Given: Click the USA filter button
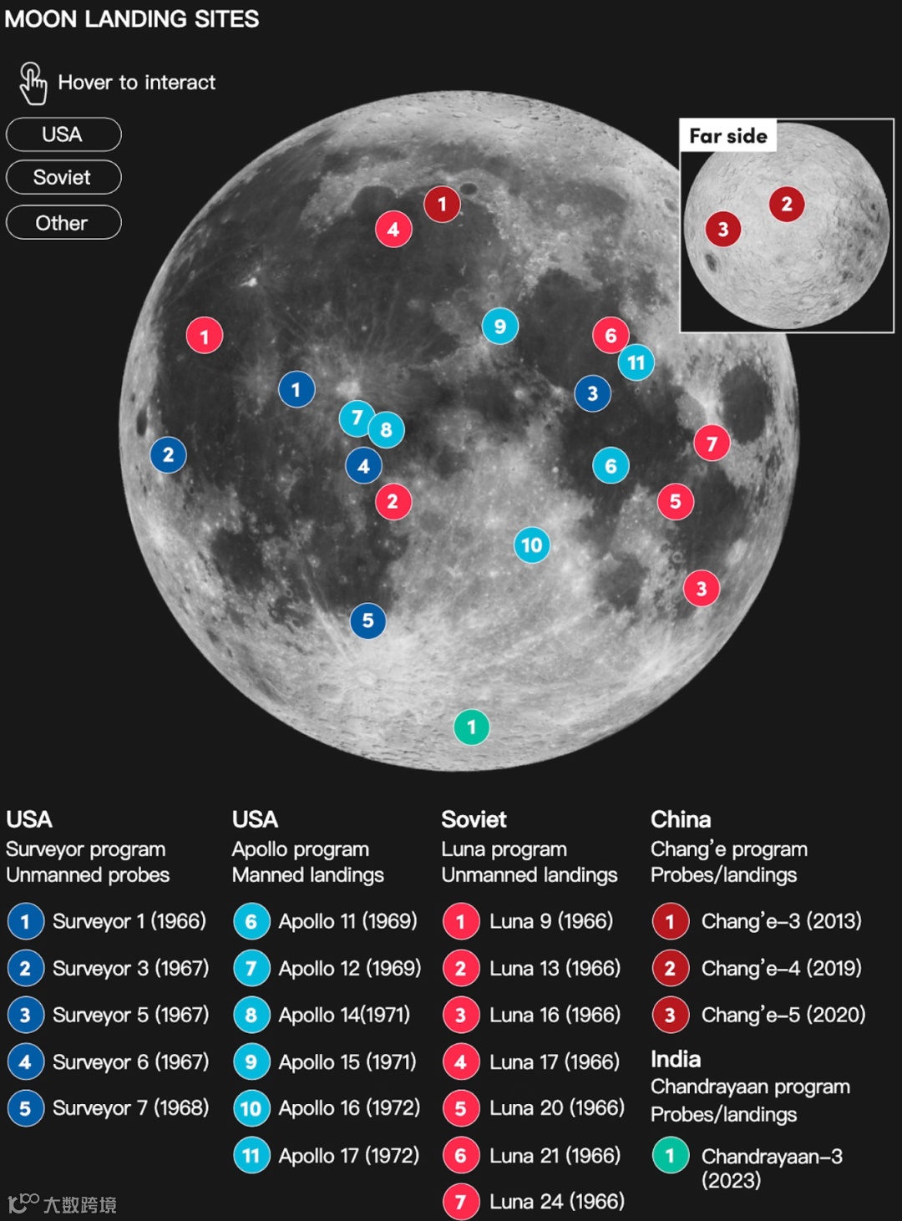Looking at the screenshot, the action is (x=63, y=134).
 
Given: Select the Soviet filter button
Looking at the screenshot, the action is (x=63, y=177).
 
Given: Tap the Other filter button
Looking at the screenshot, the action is (x=63, y=223).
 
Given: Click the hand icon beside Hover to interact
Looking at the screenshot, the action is (x=33, y=84).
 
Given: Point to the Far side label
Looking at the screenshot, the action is (x=728, y=135).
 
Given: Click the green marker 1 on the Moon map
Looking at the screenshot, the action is (x=471, y=727).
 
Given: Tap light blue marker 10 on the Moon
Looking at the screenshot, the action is (x=532, y=545).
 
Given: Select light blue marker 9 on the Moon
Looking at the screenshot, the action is (x=499, y=327).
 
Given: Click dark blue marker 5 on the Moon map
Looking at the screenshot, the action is (x=367, y=621).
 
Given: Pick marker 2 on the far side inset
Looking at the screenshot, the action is (x=786, y=204).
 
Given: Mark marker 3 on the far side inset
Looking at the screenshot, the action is (x=723, y=229).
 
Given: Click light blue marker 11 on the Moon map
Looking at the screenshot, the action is (x=636, y=362).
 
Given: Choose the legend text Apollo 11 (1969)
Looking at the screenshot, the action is (x=347, y=921).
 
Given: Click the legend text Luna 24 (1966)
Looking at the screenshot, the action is (x=556, y=1201).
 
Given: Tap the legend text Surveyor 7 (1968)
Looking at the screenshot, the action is (x=130, y=1108).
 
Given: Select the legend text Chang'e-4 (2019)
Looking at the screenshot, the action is (x=781, y=968).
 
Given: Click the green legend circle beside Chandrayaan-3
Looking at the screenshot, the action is (x=670, y=1157).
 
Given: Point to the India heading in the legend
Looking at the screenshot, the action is (x=676, y=1059).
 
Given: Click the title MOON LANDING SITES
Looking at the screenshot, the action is (x=132, y=18).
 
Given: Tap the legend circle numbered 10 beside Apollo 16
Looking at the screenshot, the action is (x=251, y=1108).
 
